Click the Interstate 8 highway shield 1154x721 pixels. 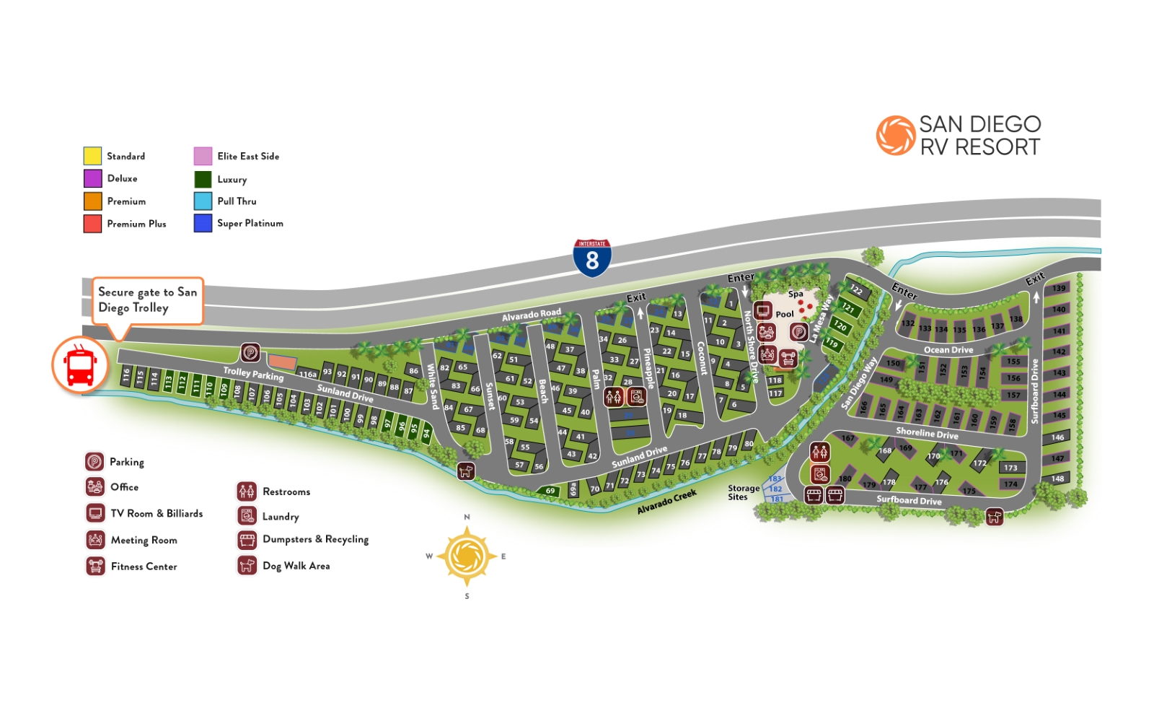[x=592, y=258]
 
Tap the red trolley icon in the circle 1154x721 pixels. [x=80, y=364]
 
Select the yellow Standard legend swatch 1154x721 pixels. [x=92, y=156]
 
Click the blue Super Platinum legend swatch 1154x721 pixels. [x=203, y=223]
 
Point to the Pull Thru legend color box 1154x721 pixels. [x=203, y=201]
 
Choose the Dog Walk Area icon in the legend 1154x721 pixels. [x=247, y=565]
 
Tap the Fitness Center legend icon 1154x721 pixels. [x=95, y=566]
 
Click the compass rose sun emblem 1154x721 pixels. [x=467, y=556]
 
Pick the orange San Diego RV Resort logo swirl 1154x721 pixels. [x=896, y=136]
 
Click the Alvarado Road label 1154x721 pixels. [x=531, y=315]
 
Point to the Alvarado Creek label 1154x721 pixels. [x=666, y=502]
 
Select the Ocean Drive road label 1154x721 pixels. [x=948, y=350]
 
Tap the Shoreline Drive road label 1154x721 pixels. [x=927, y=433]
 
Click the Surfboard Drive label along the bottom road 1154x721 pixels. [x=909, y=500]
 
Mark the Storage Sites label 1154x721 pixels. [x=743, y=492]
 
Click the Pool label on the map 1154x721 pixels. [x=785, y=314]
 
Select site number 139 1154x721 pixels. [x=1058, y=288]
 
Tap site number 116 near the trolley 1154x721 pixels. [x=126, y=375]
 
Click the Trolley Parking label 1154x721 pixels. [x=253, y=374]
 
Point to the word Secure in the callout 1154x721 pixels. [x=116, y=292]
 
